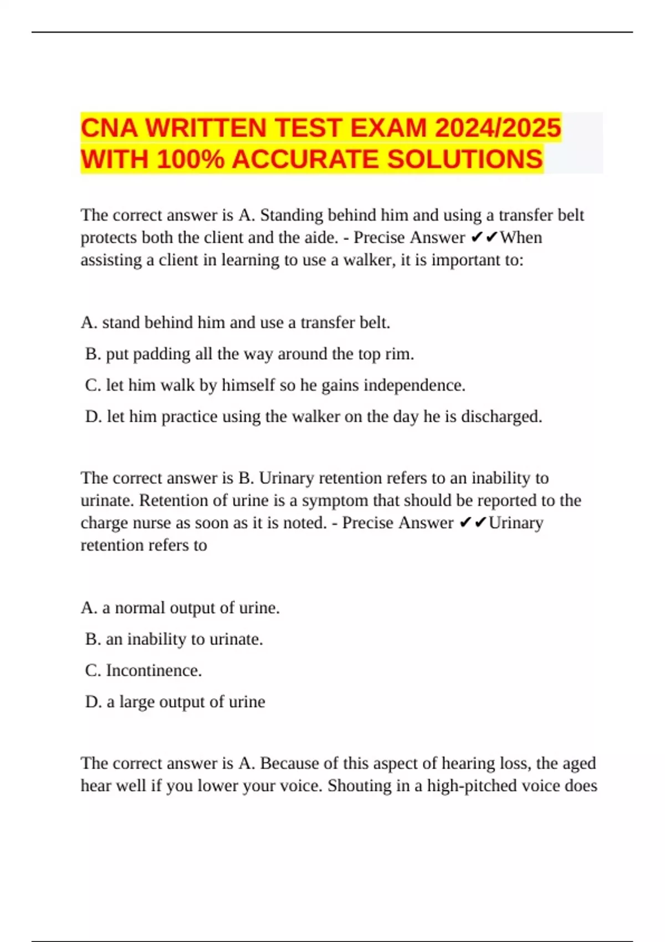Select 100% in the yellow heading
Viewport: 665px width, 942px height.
click(x=191, y=160)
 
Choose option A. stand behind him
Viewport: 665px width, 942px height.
click(x=236, y=322)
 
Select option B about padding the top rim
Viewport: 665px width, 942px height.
click(x=249, y=354)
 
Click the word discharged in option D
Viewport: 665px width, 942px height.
click(x=501, y=417)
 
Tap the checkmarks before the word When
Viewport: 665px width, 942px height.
click(x=484, y=238)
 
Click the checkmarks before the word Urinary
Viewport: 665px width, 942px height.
click(x=473, y=523)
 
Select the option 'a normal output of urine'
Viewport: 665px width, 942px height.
click(x=180, y=608)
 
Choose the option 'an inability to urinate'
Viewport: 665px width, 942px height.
click(x=174, y=639)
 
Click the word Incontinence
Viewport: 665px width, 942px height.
click(x=154, y=670)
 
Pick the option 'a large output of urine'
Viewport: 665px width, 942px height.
click(x=175, y=702)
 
